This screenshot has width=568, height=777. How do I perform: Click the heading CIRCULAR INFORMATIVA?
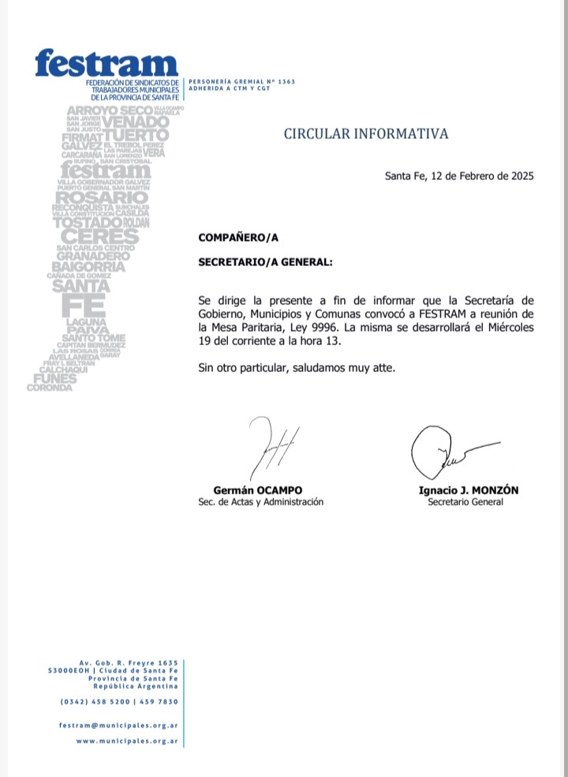tap(366, 133)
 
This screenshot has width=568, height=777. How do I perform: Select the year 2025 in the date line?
tap(519, 176)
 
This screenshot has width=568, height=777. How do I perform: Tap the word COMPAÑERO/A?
tap(238, 236)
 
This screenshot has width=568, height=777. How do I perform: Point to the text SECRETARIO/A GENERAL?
tap(265, 261)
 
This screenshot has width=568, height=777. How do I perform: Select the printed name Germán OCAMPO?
tap(258, 490)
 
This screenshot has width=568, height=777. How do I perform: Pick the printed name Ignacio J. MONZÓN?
tap(468, 490)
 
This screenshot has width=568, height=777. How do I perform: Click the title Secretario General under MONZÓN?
tap(465, 502)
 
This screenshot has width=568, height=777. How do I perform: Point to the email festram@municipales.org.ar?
tap(118, 725)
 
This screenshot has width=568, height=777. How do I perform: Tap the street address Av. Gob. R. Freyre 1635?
tap(129, 662)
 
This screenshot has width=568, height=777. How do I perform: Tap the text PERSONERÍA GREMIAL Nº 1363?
tap(235, 81)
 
